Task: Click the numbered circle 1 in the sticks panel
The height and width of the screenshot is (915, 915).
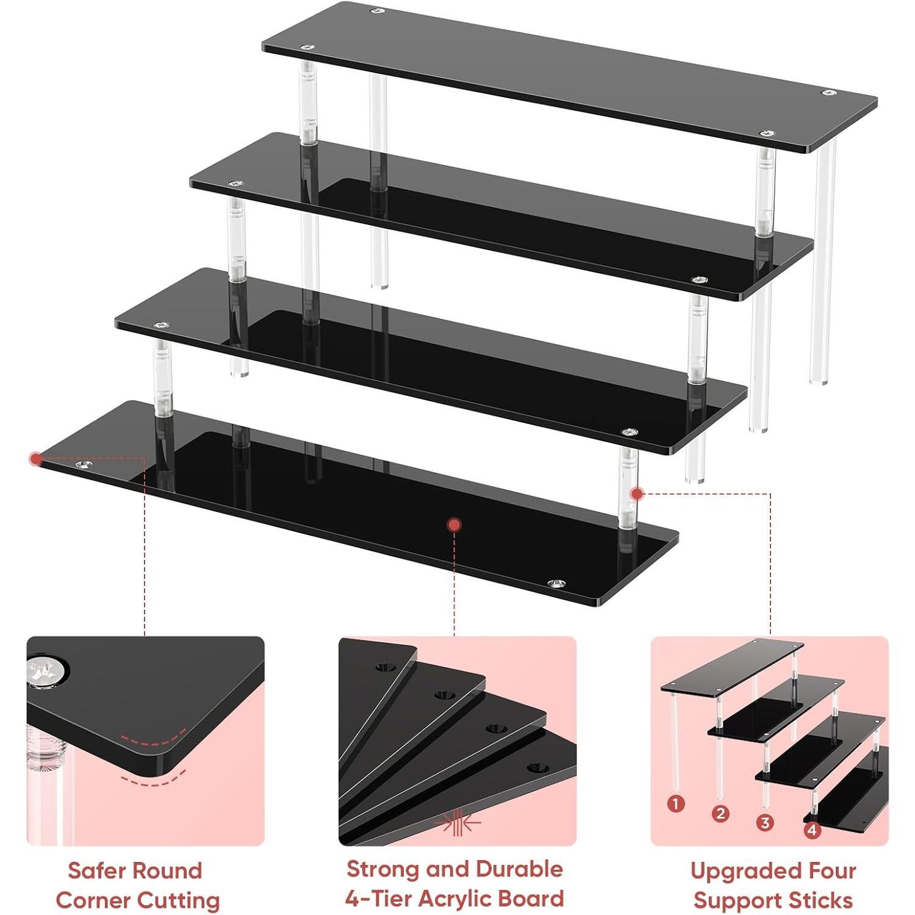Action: (675, 804)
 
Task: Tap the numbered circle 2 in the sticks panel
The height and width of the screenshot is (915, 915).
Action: (720, 813)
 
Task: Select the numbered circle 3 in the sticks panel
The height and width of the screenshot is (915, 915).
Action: (765, 822)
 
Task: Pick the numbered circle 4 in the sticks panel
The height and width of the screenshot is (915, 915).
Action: (812, 830)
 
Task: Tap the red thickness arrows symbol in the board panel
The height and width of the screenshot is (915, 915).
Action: (457, 823)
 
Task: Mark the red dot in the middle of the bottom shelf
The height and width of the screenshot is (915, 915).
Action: (453, 525)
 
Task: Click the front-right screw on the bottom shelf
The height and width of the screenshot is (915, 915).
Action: (556, 584)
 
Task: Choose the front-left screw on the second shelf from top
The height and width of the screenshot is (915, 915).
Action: (234, 183)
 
